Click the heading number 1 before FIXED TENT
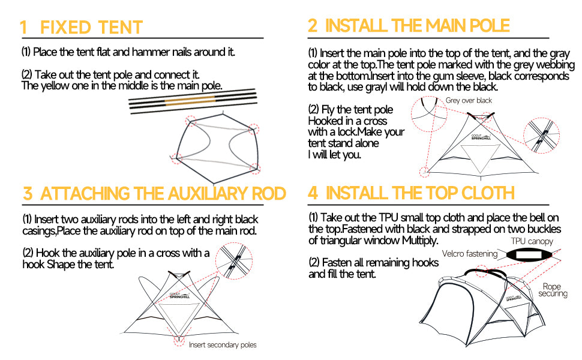[24, 28]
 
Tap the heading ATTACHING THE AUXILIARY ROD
[163, 194]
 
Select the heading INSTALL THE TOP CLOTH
[419, 193]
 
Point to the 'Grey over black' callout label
[469, 100]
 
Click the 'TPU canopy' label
[532, 241]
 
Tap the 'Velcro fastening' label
[470, 254]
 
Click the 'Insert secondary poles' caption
[223, 345]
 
